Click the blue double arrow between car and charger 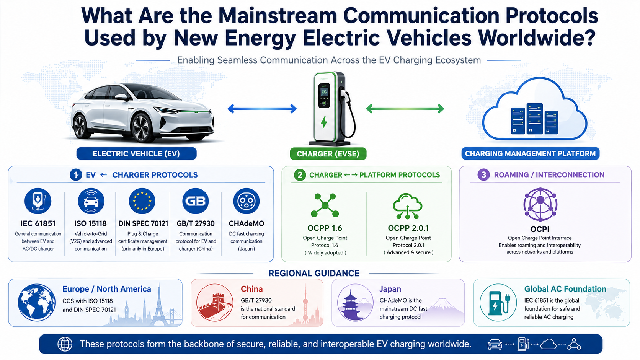[x=262, y=109]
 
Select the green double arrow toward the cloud [x=405, y=109]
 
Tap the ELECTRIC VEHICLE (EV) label [x=136, y=153]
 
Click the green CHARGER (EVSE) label [x=328, y=154]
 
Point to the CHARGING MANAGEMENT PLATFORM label [x=530, y=153]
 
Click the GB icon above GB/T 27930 [x=196, y=201]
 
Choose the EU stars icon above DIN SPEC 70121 [x=142, y=201]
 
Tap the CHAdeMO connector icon [x=246, y=201]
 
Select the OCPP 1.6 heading [x=325, y=228]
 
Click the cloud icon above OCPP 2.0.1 [x=408, y=205]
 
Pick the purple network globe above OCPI [x=540, y=204]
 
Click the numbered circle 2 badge [x=300, y=175]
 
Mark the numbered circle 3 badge [x=483, y=175]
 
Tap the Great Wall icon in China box [x=215, y=303]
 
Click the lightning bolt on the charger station [x=324, y=122]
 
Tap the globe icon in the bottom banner [x=65, y=344]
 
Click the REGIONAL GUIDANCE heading [x=314, y=273]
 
